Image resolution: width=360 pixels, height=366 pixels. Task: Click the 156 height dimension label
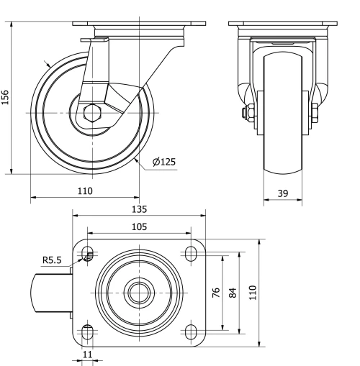[x=6, y=97]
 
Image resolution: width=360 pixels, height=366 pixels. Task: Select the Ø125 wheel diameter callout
[x=164, y=162]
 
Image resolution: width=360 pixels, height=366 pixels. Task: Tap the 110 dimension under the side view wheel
[x=85, y=191]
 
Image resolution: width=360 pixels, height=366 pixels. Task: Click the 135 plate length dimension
[x=139, y=209]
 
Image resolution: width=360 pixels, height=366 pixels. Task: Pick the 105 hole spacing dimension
[x=139, y=227]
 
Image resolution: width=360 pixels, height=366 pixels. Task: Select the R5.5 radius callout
[x=53, y=260]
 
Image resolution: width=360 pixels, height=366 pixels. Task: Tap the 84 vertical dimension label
[x=231, y=293]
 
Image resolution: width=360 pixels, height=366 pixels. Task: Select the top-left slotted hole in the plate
[x=89, y=253]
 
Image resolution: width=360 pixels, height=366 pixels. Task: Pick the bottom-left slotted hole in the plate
[x=89, y=331]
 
